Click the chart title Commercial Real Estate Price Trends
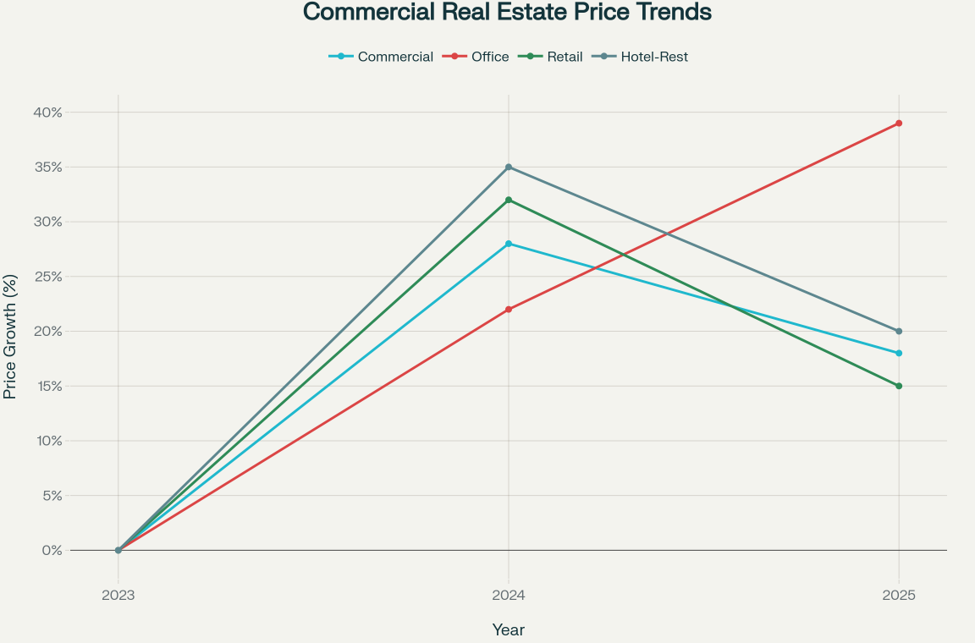[x=507, y=13]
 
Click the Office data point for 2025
[x=899, y=124]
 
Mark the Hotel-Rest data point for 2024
[x=509, y=168]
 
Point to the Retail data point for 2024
[x=509, y=200]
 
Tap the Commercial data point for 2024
[x=509, y=244]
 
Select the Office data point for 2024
[x=509, y=310]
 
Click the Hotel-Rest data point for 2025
[x=899, y=331]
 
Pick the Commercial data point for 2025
[x=899, y=353]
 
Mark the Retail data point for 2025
[x=899, y=386]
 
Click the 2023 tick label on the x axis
[x=118, y=595]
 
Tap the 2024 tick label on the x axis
[x=509, y=595]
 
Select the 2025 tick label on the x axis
[x=899, y=595]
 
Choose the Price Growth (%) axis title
[x=10, y=337]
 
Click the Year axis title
[x=509, y=630]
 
